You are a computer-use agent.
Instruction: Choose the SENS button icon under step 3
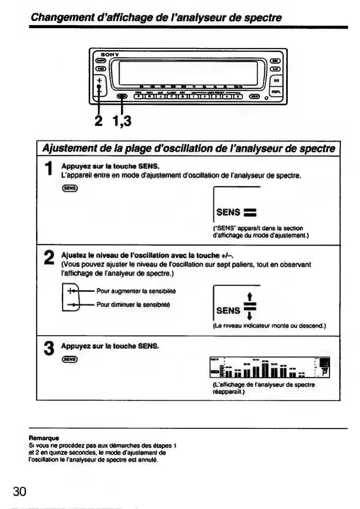70,360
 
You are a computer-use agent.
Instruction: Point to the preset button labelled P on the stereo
139,96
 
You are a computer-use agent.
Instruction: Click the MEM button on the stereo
255,96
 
